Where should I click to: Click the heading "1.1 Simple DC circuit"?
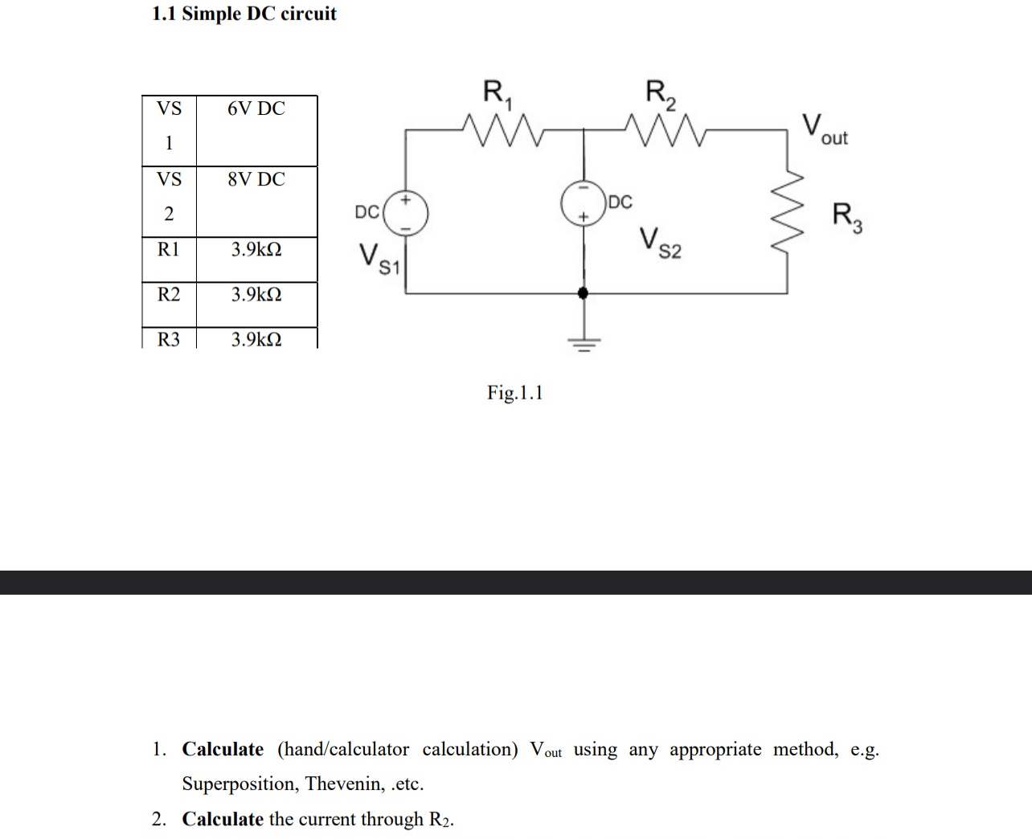244,14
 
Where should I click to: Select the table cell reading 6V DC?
256,108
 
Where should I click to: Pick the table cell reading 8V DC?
256,179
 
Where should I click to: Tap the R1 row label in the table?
169,250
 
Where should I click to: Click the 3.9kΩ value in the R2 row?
256,295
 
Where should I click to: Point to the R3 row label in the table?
169,339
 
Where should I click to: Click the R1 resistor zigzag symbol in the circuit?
504,129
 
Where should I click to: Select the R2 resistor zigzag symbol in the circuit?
665,129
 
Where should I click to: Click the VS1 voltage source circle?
406,212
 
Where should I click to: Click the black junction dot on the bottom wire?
584,293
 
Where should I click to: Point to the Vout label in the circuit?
825,130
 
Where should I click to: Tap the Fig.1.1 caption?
514,393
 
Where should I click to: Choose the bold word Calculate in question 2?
223,819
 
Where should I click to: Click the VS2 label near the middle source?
661,243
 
